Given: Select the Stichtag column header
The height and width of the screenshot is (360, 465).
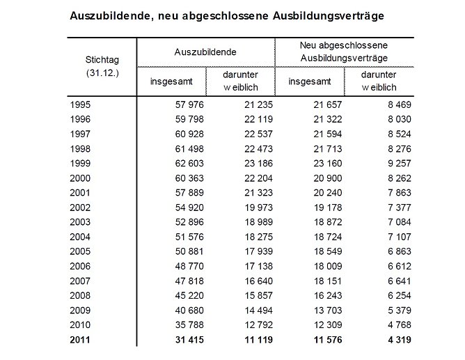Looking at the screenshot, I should (101, 60).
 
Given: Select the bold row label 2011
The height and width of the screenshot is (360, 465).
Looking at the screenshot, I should (81, 341).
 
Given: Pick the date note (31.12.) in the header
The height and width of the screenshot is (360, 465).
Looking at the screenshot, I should (101, 73).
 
